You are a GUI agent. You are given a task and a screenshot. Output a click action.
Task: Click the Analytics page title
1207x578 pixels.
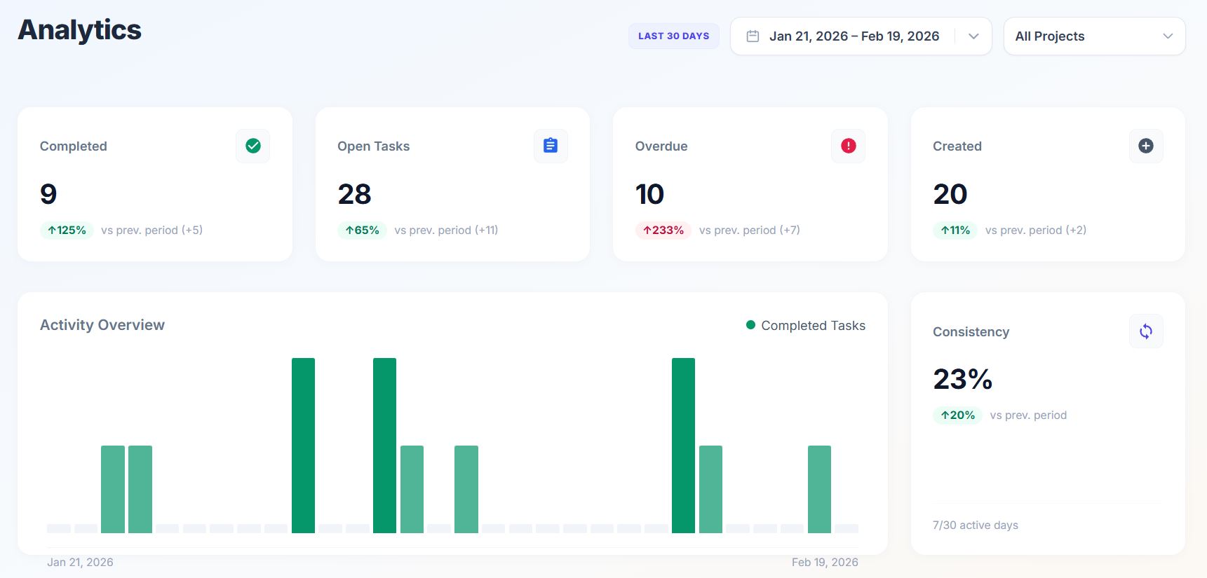[80, 30]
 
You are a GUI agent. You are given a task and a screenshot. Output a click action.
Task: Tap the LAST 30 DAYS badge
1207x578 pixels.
[673, 36]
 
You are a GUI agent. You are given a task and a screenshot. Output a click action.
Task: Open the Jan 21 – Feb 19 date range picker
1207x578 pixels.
[861, 36]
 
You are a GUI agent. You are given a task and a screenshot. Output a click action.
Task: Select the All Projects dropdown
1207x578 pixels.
[1094, 36]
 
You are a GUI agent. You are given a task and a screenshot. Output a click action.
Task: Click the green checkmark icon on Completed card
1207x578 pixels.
[253, 146]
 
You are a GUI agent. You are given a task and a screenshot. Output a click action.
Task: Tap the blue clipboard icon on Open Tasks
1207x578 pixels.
[551, 146]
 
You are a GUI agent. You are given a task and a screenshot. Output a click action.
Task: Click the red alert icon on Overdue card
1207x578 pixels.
[848, 146]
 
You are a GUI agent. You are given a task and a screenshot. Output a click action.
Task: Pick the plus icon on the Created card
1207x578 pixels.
[1146, 146]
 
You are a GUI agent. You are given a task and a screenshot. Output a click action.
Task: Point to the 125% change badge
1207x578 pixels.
[67, 230]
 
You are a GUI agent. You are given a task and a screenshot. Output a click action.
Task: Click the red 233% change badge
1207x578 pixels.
[663, 230]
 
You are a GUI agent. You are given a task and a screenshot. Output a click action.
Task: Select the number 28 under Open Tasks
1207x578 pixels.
[354, 194]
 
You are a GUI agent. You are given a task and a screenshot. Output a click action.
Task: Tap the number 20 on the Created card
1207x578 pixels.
[950, 194]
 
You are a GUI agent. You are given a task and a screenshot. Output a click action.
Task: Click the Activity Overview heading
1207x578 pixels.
[102, 325]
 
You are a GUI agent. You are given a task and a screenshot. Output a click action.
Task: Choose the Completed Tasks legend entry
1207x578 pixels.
[806, 326]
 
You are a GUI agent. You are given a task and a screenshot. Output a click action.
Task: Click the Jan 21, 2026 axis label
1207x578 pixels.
[80, 562]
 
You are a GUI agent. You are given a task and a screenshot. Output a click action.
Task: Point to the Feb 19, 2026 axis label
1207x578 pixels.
[825, 562]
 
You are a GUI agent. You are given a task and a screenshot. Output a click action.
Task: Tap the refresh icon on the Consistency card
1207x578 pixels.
[1146, 331]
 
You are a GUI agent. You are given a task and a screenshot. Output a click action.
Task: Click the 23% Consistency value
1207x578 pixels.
[962, 379]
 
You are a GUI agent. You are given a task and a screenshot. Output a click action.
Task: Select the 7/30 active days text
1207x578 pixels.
[976, 525]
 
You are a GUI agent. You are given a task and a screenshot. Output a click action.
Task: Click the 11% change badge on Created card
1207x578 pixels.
[955, 230]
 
